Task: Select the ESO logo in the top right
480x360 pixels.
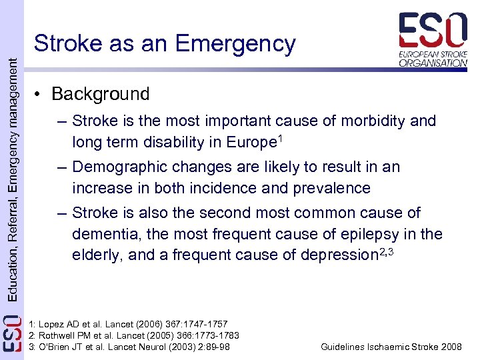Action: (433, 39)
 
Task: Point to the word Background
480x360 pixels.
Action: (100, 94)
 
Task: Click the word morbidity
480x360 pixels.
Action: (377, 121)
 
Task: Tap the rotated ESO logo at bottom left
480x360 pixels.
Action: (12, 337)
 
